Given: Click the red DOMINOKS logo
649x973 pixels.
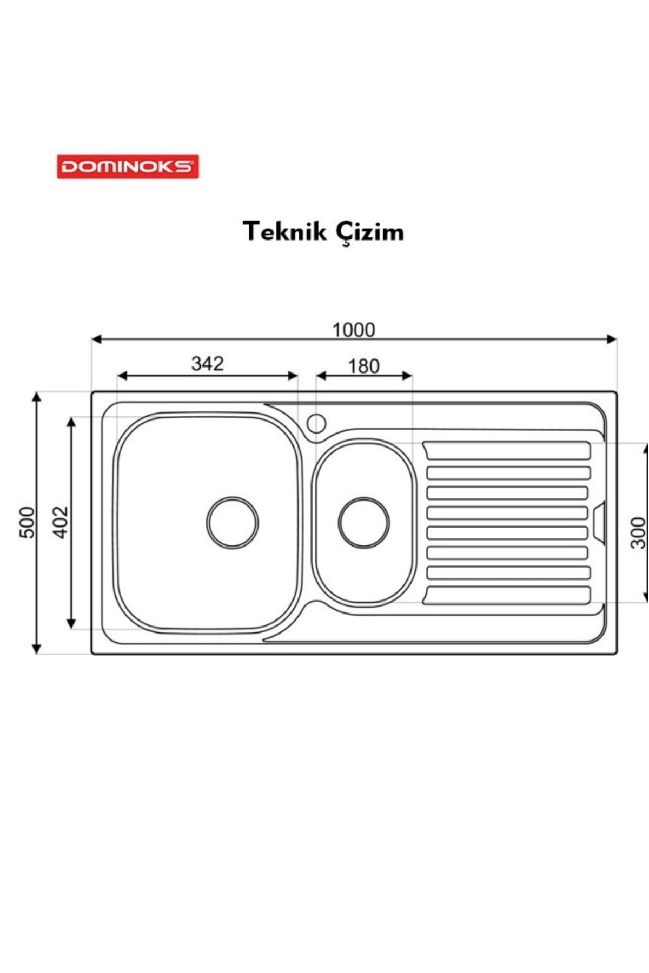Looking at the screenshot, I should tap(128, 166).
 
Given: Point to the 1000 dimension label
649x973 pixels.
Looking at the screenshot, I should tap(353, 330).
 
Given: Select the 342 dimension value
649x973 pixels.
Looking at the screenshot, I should tap(207, 364).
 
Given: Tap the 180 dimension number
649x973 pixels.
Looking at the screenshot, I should tap(363, 366).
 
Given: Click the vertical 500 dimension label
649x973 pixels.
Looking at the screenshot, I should tap(27, 522).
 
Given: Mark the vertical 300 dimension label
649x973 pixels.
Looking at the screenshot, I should tap(638, 532).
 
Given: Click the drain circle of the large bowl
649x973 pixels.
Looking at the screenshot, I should tap(232, 523).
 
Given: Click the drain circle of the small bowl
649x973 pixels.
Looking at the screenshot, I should tap(364, 523).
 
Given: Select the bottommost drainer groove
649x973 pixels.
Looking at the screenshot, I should tap(507, 595).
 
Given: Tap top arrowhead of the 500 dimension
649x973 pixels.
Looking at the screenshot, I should tap(36, 397).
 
